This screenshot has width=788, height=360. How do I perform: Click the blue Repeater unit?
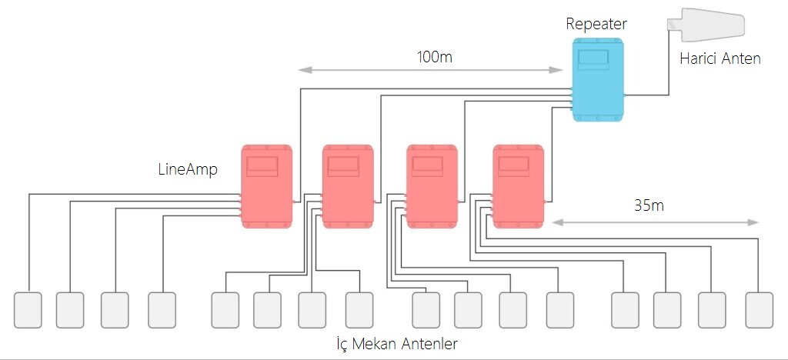click(x=598, y=79)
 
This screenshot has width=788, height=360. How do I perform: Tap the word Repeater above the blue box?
click(x=596, y=24)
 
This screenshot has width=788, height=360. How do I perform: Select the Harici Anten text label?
click(x=720, y=58)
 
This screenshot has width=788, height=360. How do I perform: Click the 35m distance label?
click(x=649, y=205)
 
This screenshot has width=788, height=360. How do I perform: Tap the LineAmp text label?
click(x=183, y=169)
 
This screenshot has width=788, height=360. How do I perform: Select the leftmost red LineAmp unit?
click(x=266, y=185)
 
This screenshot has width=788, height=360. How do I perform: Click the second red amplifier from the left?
click(x=347, y=185)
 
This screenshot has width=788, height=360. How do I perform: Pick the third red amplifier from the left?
click(x=432, y=185)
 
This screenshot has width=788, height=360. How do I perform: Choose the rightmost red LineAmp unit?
click(x=518, y=185)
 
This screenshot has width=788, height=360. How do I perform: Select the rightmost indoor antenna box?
click(x=759, y=309)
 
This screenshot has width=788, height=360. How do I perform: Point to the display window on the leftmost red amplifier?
click(x=262, y=165)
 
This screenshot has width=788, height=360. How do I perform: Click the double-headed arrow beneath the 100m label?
click(x=431, y=70)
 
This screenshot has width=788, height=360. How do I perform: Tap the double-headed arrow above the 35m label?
click(x=656, y=222)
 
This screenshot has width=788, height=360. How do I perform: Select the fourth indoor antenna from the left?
click(x=162, y=309)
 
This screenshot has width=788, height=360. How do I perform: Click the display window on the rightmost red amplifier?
click(x=513, y=165)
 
